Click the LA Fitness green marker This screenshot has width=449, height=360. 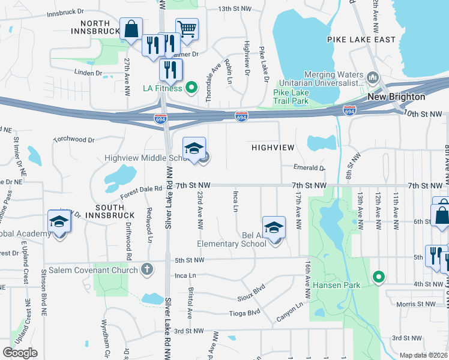191,88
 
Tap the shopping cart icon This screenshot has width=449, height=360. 187,28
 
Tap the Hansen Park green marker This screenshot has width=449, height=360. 378,277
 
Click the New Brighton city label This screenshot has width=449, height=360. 396,97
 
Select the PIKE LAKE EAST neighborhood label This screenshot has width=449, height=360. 361,40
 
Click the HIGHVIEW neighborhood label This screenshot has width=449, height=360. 273,147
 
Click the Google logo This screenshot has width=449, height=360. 20,352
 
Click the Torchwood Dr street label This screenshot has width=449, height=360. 74,140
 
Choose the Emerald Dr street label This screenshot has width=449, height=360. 309,168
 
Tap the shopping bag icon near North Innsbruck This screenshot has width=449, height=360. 131,28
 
